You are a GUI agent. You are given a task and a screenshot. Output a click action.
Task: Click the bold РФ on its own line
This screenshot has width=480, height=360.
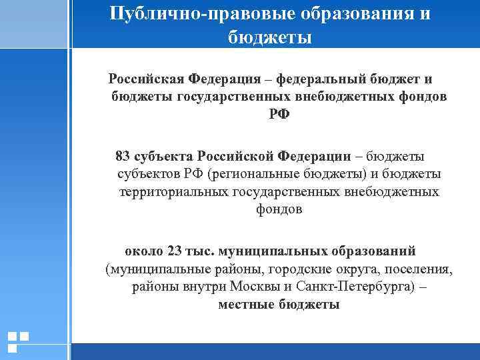click(x=279, y=114)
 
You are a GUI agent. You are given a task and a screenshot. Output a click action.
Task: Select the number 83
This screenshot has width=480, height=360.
click(x=123, y=157)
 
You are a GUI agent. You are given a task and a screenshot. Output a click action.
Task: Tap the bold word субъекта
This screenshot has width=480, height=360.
click(x=163, y=157)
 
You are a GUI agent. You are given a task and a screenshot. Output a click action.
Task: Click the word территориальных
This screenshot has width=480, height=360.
click(x=173, y=191)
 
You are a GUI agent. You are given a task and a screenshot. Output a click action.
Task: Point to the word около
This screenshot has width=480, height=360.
click(x=144, y=251)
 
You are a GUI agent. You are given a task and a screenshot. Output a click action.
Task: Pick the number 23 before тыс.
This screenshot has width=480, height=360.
click(x=175, y=251)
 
